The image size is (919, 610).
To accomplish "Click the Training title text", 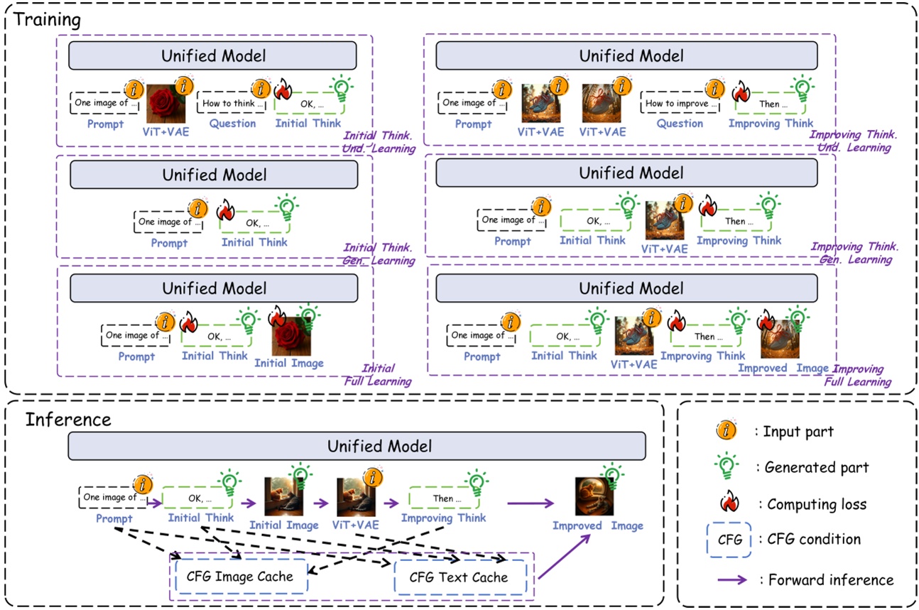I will [48, 19].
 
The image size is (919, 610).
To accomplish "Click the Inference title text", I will [68, 419].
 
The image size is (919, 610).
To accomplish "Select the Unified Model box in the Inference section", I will [357, 447].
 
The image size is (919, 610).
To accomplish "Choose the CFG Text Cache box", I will [458, 577].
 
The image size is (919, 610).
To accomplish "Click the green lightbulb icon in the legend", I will [726, 467].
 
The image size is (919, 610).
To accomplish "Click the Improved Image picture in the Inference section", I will [594, 496].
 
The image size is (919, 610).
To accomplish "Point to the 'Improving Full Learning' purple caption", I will [858, 375].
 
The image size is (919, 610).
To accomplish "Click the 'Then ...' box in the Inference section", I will [442, 499].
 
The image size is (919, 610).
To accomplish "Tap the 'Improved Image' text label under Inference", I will [597, 526].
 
